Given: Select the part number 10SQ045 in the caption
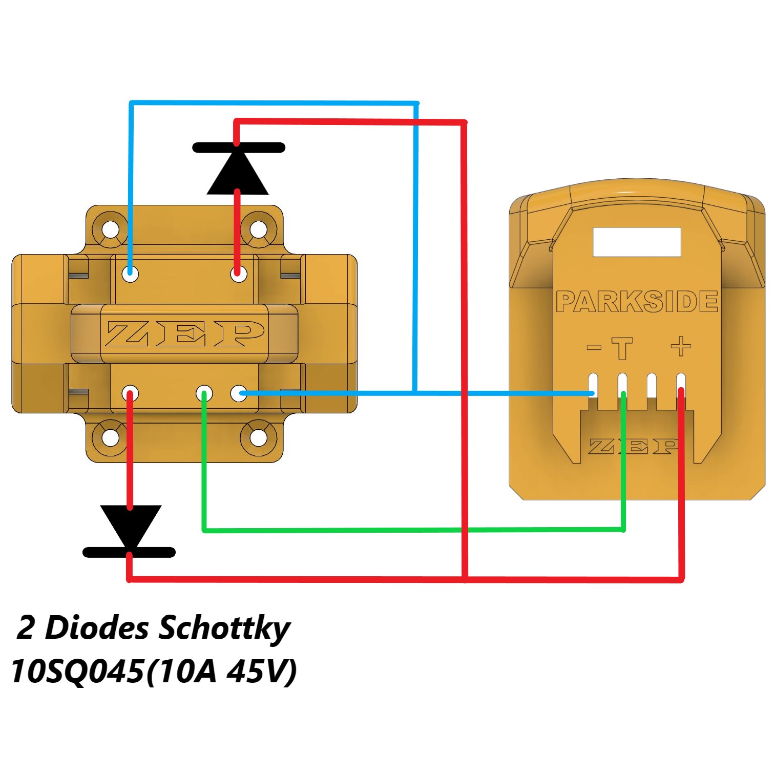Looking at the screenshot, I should click(x=77, y=671).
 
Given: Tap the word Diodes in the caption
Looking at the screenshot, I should click(x=97, y=627).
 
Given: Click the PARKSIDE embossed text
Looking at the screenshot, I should click(x=637, y=302).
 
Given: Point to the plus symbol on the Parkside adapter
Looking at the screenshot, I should click(x=681, y=347).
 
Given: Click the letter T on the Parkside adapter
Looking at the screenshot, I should click(x=622, y=348).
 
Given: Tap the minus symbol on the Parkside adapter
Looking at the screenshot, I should click(x=594, y=347).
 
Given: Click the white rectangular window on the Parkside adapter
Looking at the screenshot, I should click(x=637, y=242).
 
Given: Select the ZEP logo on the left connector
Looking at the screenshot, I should click(x=185, y=334).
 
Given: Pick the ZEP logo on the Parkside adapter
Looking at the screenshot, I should click(x=634, y=446).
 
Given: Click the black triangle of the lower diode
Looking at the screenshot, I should click(x=131, y=525).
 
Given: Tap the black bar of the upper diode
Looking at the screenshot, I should click(x=239, y=148).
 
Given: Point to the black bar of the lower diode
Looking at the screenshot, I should click(x=129, y=552).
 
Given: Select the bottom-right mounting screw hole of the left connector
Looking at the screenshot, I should click(x=258, y=438).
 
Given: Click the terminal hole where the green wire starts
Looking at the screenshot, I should click(x=204, y=393).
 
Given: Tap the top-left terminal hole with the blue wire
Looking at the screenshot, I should click(x=131, y=274).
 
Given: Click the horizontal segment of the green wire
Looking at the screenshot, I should click(x=410, y=530).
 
